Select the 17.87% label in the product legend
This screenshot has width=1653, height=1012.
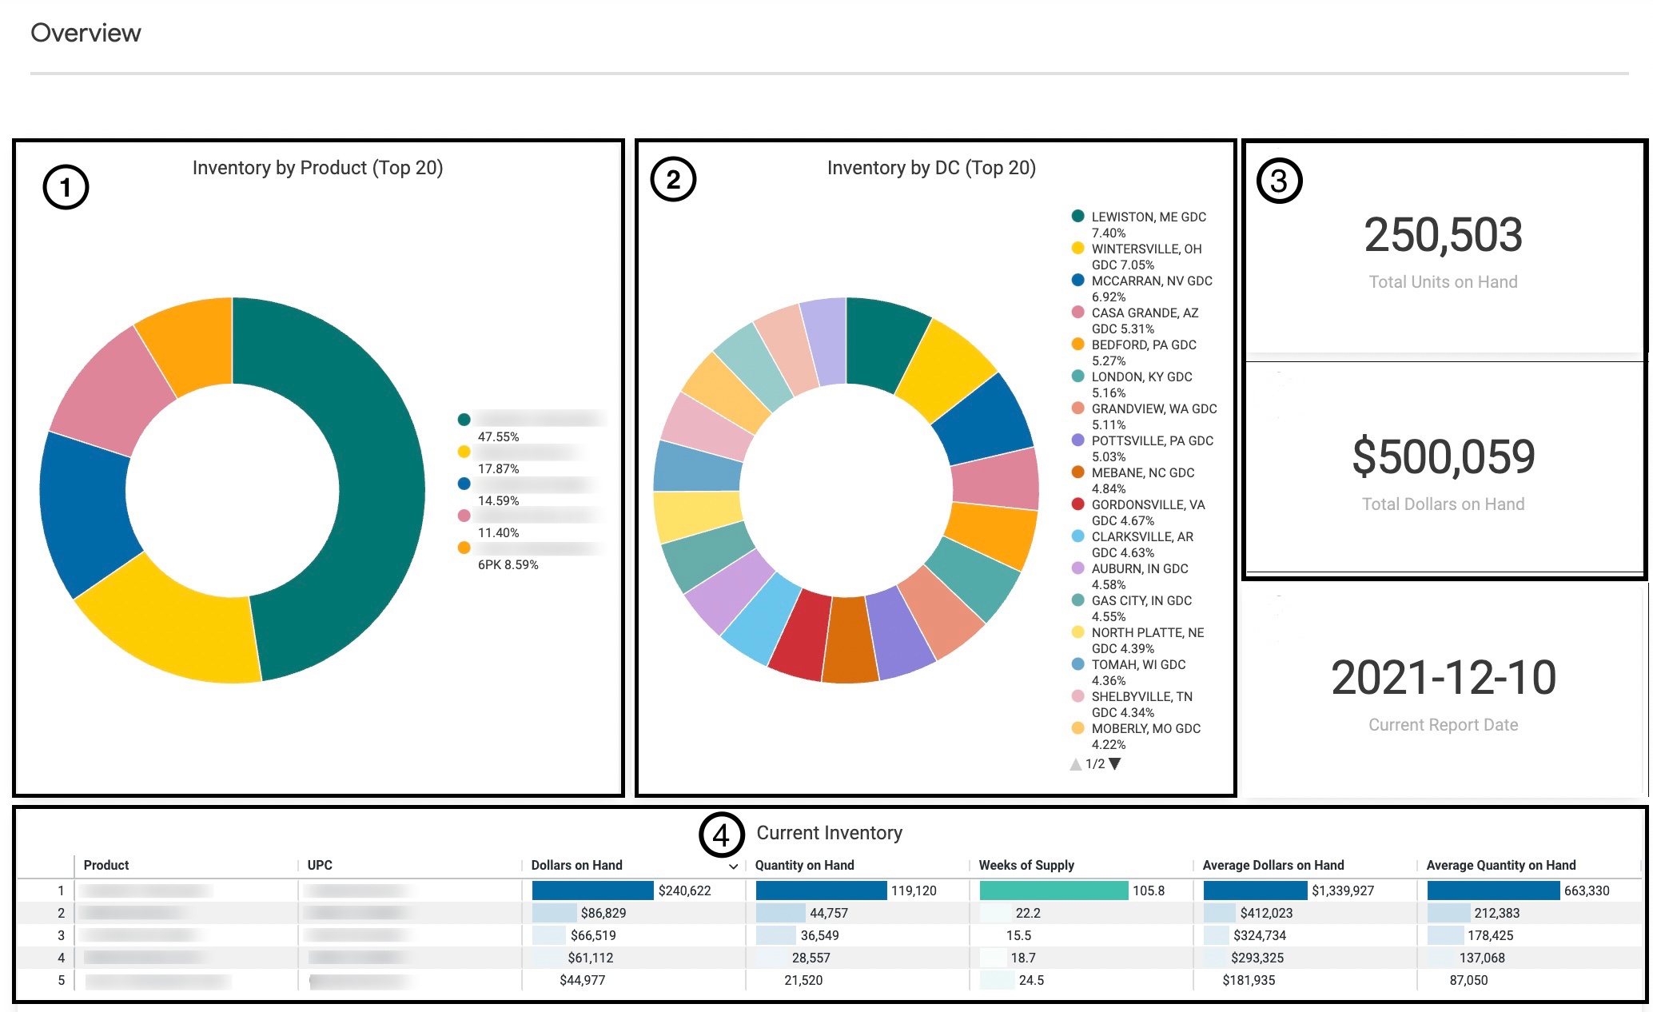(x=498, y=468)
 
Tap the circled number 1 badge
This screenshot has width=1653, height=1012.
(x=66, y=187)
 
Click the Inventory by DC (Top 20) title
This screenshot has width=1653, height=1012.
(x=931, y=168)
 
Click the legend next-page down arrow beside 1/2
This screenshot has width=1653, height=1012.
(x=1115, y=763)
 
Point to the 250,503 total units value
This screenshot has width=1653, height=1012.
(x=1443, y=235)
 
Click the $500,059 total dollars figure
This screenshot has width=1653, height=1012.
(x=1443, y=456)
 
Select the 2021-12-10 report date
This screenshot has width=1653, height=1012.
(x=1443, y=678)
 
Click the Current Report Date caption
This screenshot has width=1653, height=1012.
(x=1443, y=725)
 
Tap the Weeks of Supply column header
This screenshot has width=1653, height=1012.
(x=1026, y=865)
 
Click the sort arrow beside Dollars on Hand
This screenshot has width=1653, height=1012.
(x=733, y=867)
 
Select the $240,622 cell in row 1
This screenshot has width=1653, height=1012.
(x=684, y=890)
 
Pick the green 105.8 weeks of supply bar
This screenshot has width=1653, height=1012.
(x=1053, y=890)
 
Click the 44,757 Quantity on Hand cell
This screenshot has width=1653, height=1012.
(x=829, y=913)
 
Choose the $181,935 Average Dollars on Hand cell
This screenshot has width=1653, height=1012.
(x=1249, y=980)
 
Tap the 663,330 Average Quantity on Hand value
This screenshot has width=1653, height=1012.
(x=1586, y=890)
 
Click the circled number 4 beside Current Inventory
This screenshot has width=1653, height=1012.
(x=721, y=835)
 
